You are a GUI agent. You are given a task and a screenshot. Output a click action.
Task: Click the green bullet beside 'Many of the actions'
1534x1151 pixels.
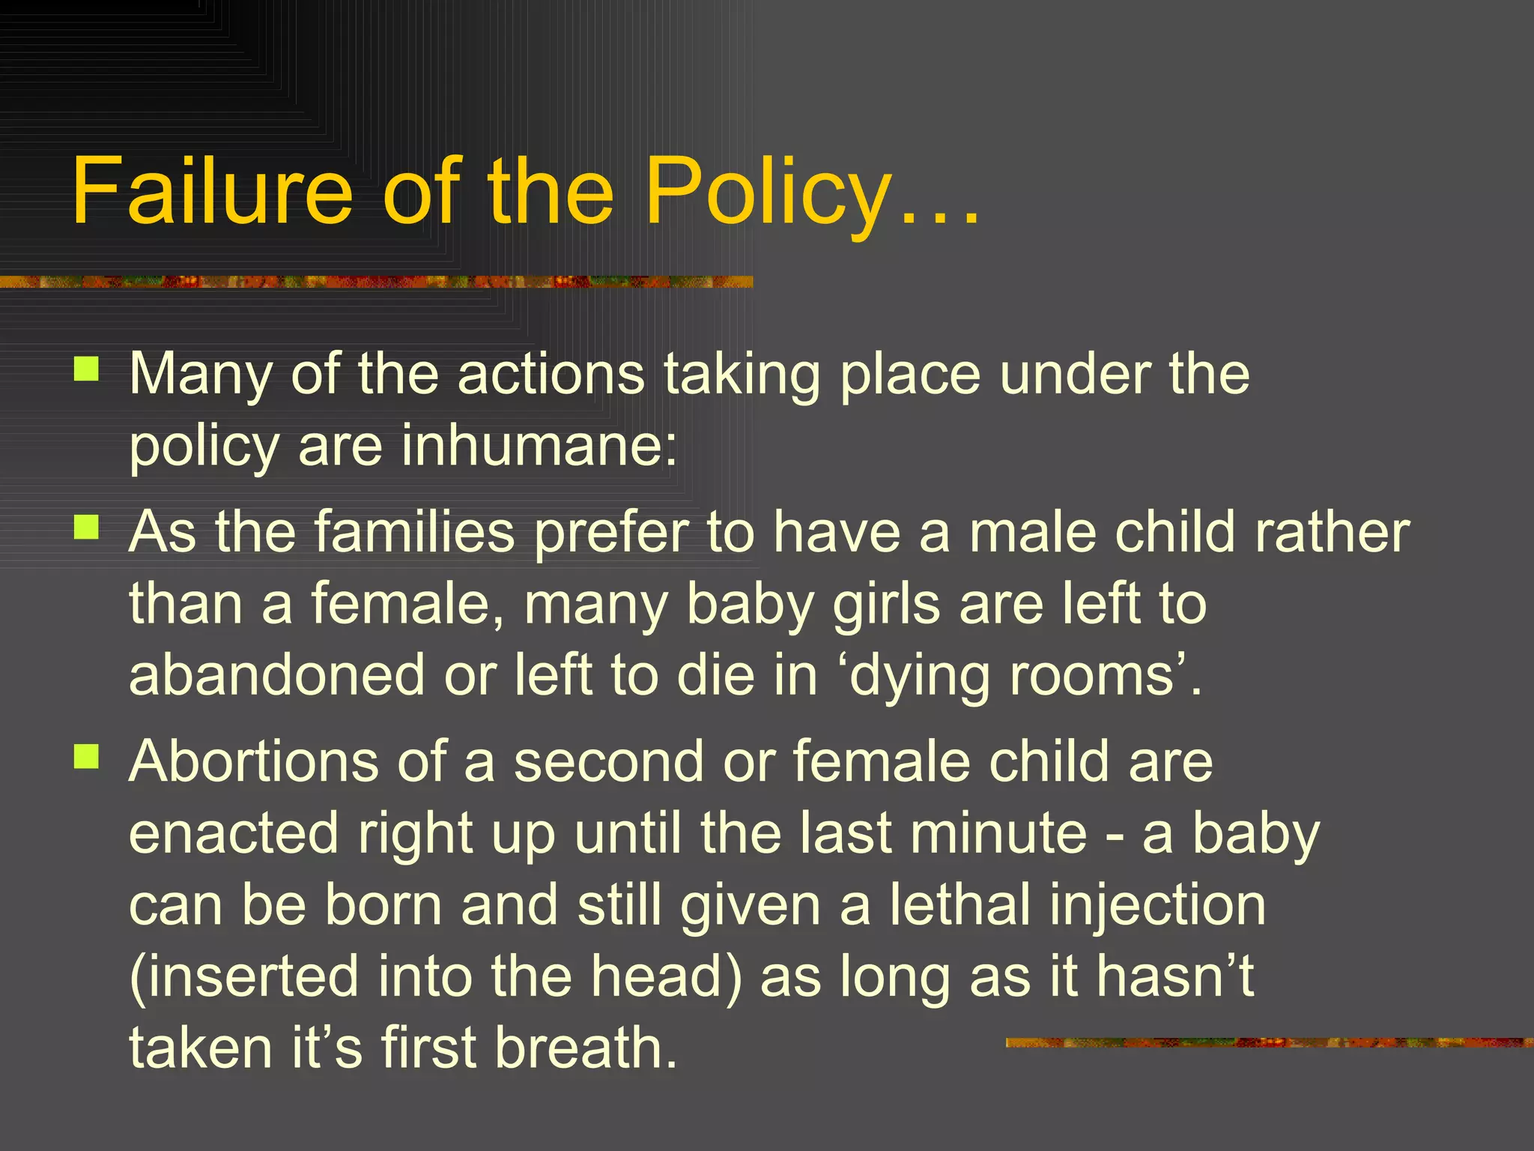click(x=87, y=369)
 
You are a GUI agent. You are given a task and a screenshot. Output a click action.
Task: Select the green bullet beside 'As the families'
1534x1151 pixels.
click(x=87, y=528)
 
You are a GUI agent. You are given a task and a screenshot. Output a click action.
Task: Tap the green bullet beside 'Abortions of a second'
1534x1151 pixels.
click(x=87, y=756)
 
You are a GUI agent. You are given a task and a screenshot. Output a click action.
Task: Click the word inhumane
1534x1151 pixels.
click(x=539, y=445)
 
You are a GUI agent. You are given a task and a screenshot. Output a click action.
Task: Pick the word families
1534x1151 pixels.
click(x=414, y=531)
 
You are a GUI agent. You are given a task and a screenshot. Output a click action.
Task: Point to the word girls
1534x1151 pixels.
click(x=886, y=604)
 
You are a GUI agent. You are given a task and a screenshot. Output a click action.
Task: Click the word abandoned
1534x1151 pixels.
click(x=277, y=674)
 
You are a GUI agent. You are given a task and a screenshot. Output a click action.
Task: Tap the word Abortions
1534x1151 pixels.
click(x=254, y=761)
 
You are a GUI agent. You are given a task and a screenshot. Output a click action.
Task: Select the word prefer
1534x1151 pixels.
click(x=611, y=533)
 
